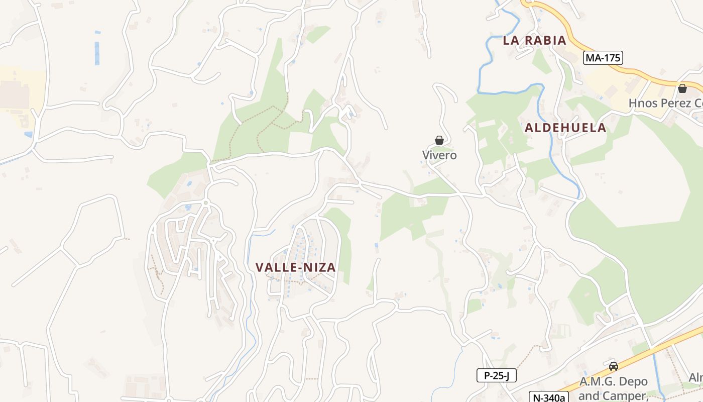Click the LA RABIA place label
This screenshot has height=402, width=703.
point(534,41)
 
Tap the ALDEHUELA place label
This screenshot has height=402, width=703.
point(565,128)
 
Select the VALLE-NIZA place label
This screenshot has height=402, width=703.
point(295,267)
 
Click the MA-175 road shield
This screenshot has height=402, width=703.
point(603,58)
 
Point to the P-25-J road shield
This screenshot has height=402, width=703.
point(496,375)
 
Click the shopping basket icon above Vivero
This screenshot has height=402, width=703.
point(439,140)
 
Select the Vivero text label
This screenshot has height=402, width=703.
point(439,155)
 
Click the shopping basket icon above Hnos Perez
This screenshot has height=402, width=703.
point(682,88)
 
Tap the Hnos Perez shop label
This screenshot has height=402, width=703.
point(665,104)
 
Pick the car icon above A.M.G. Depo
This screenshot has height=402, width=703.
point(613,366)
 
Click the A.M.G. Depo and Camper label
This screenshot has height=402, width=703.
point(614,388)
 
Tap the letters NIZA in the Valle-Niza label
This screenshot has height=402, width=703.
point(319,267)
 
